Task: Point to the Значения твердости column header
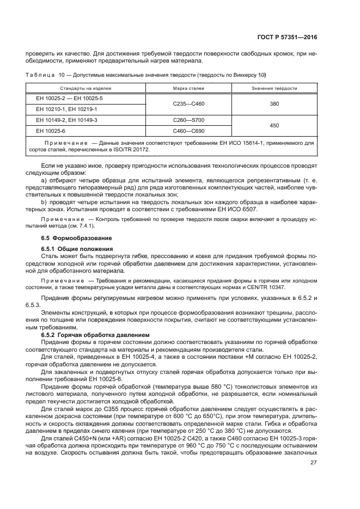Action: (274, 88)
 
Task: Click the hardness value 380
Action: (274, 103)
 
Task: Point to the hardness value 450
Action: (274, 125)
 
